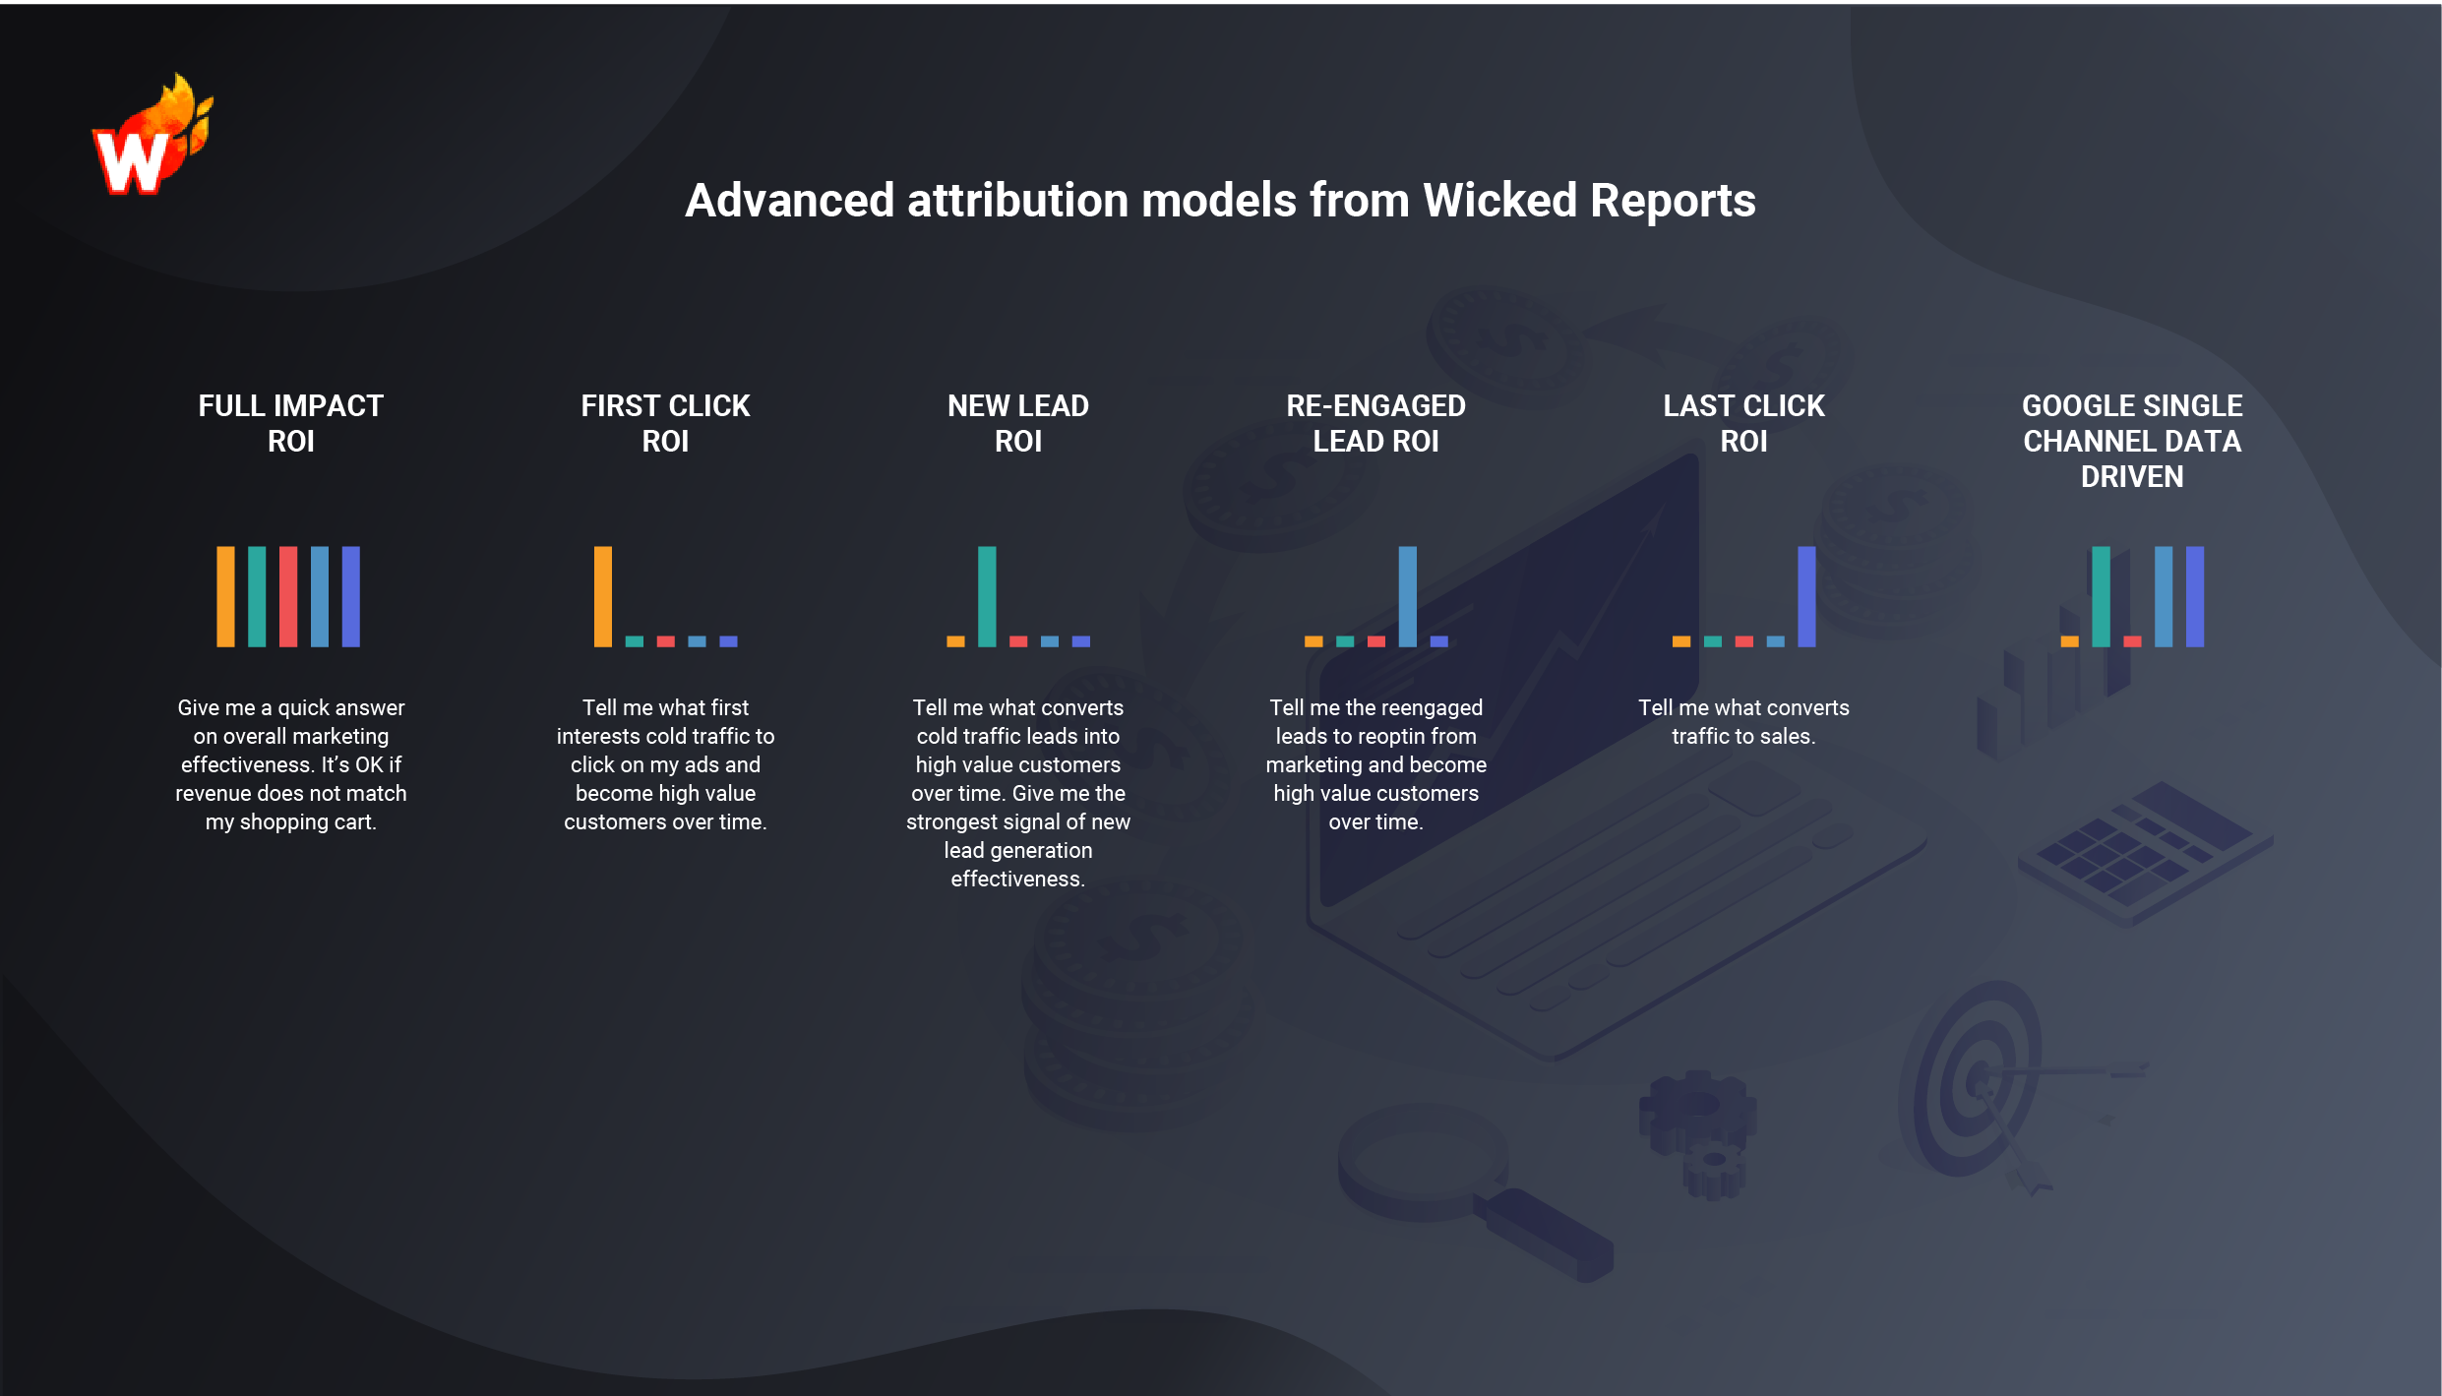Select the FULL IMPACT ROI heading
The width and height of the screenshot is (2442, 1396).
(290, 423)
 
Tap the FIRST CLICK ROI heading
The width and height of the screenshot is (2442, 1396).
(665, 423)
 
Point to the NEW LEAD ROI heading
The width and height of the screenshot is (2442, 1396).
(1017, 423)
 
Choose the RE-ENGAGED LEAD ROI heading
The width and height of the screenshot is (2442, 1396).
(1375, 423)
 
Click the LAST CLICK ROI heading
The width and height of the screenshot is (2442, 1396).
(1743, 423)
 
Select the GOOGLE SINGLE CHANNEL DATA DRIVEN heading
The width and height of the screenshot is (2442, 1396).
(2132, 441)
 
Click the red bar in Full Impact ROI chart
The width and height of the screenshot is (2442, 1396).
(288, 596)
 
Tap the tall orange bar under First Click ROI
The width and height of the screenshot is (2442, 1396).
(603, 596)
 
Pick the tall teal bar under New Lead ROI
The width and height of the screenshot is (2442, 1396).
(987, 596)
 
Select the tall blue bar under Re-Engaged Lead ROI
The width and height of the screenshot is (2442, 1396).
(1408, 596)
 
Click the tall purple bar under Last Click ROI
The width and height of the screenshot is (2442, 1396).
(1806, 596)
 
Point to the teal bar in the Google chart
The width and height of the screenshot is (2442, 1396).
(2101, 596)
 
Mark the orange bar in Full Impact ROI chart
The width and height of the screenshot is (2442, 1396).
(225, 596)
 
